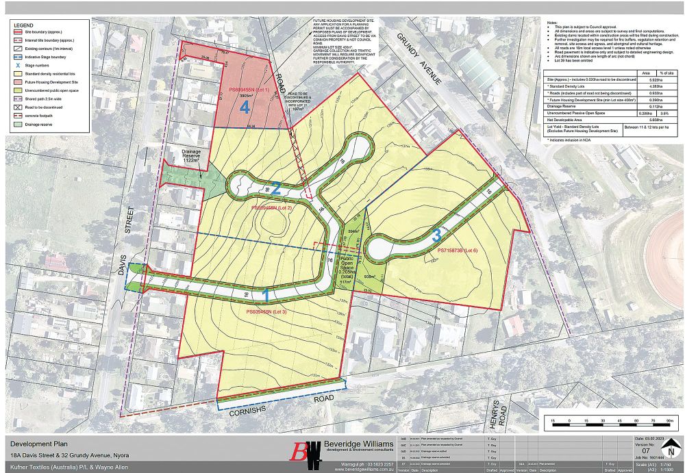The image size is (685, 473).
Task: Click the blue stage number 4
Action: pos(245,107)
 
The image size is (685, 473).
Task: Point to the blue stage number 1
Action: pos(266,296)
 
